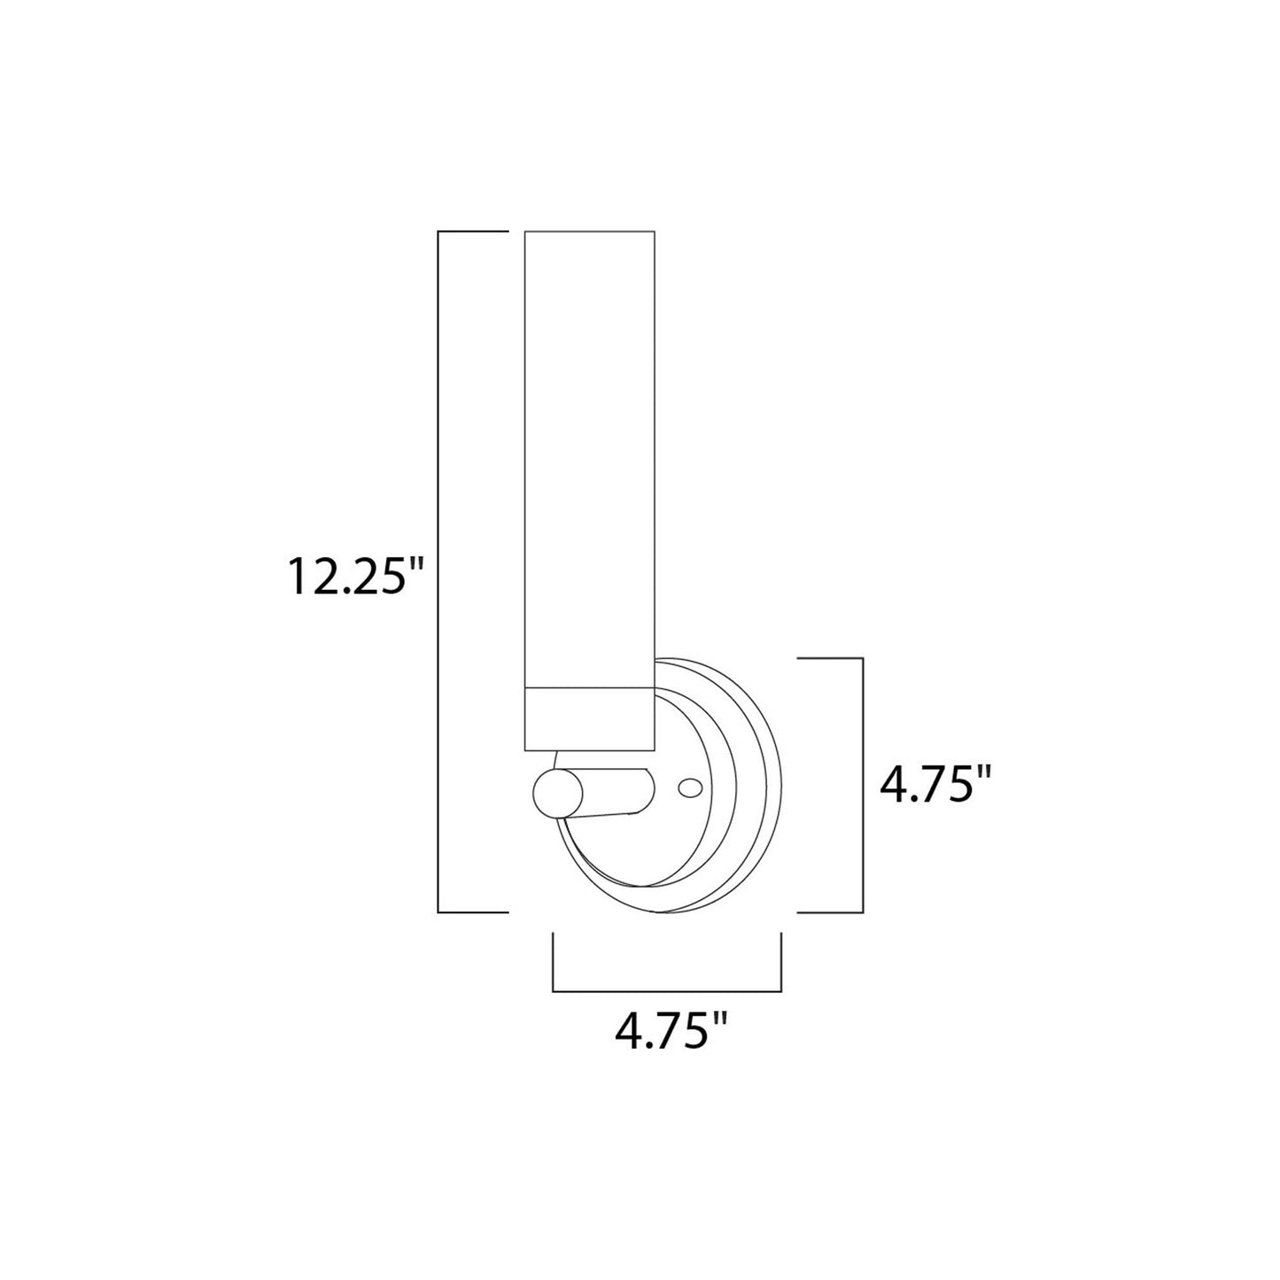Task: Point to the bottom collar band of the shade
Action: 590,719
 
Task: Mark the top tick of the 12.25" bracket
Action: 473,232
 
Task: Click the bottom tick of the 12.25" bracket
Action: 473,912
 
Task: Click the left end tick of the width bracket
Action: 554,961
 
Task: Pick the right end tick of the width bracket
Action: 780,961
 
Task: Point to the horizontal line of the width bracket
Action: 666,990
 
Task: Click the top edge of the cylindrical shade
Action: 590,233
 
